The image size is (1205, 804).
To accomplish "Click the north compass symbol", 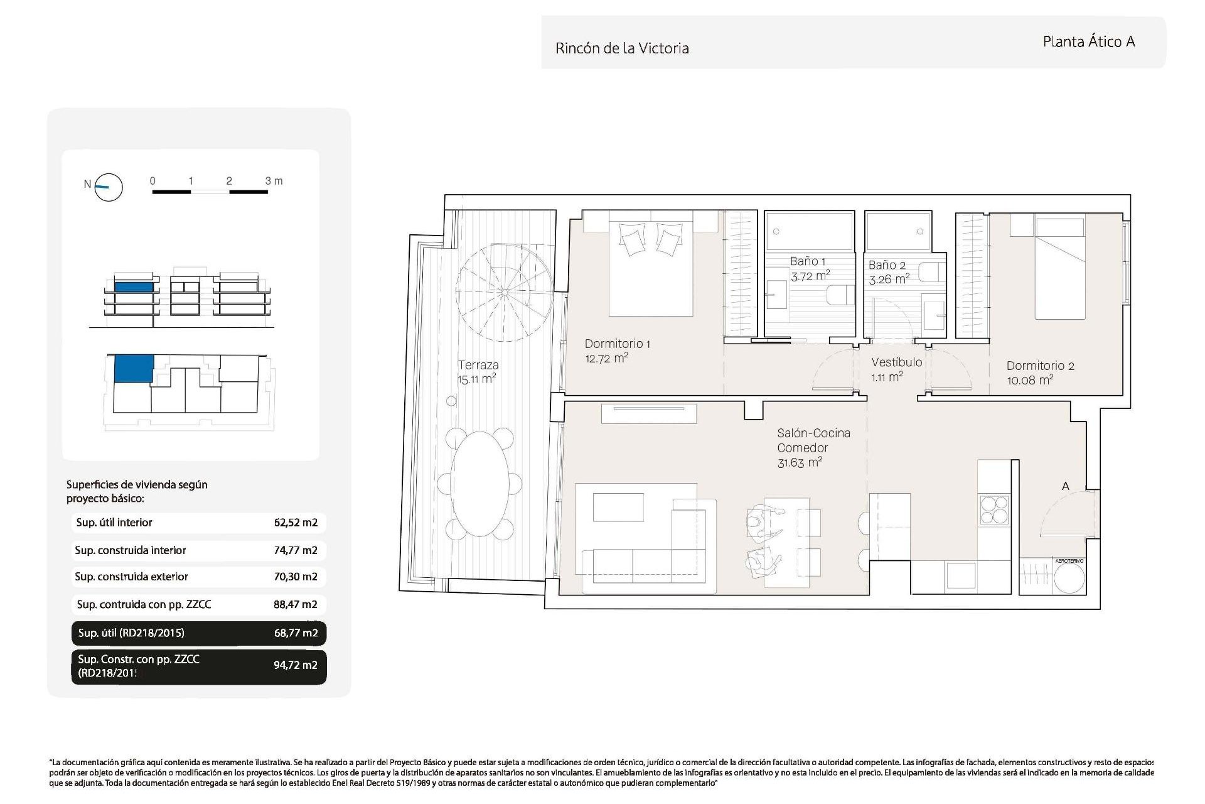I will pos(108,187).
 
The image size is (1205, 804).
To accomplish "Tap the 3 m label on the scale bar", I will pos(274,181).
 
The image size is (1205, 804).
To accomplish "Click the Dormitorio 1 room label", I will pos(617,344).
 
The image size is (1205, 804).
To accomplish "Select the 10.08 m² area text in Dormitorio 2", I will pos(1030,380).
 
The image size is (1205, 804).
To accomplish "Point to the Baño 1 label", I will pos(808,261).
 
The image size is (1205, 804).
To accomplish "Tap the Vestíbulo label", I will pos(896,362).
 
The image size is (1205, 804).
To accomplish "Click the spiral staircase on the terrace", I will pos(505,292).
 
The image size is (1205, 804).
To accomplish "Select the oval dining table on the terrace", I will pos(480,484).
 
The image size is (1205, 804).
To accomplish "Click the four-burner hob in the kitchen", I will pos(993,509).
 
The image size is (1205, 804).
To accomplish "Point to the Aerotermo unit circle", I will pos(1069,579).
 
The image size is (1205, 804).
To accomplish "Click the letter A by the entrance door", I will pos(1065,486).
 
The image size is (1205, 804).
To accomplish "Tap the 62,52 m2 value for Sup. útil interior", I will pos(296,523).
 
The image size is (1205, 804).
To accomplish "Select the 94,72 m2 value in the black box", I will pos(295,665).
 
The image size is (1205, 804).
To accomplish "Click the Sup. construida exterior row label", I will pos(131,577).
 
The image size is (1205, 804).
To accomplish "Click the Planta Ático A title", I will pos(1088,41).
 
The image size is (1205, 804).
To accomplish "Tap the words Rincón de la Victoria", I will pos(622,48).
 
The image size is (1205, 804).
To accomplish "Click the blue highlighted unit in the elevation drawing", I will pos(134,287).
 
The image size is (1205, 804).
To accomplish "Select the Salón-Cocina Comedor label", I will pos(813,440).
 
